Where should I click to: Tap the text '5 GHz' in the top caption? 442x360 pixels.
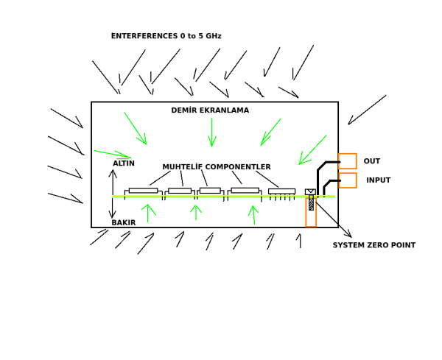click(208, 36)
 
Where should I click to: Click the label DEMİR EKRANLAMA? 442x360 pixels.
click(210, 110)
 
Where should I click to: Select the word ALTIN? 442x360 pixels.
click(124, 163)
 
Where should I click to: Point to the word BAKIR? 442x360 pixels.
click(124, 222)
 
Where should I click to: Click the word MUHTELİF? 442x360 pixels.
click(183, 167)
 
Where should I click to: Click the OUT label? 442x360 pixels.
click(372, 161)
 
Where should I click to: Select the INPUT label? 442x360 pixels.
click(379, 180)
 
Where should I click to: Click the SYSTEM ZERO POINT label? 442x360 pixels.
click(373, 245)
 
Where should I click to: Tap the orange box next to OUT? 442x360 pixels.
click(348, 161)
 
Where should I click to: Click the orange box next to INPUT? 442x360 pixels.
click(348, 180)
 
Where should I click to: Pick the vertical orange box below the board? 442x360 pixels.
click(311, 213)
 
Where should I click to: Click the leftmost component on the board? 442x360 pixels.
click(143, 191)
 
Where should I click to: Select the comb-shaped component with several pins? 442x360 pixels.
click(281, 192)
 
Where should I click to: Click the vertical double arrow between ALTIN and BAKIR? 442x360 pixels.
click(113, 194)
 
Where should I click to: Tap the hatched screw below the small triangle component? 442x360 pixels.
click(311, 202)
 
